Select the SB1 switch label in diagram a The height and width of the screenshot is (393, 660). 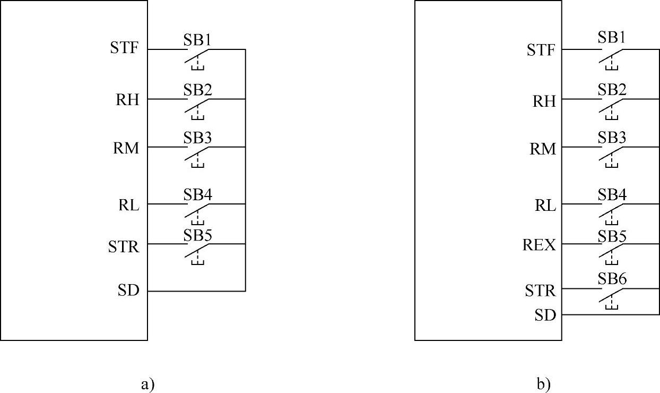pyautogui.click(x=198, y=39)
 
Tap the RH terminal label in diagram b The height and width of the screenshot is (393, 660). pyautogui.click(x=544, y=101)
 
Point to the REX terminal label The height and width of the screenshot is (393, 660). pyautogui.click(x=540, y=245)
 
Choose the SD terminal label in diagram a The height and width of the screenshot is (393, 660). pyautogui.click(x=128, y=291)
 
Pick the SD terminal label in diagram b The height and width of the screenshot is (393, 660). pyautogui.click(x=545, y=315)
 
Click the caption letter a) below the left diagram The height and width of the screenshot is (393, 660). pyautogui.click(x=147, y=383)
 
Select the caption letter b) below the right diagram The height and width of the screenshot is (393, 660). pyautogui.click(x=543, y=383)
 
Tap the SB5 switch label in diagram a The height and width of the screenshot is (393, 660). pyautogui.click(x=198, y=235)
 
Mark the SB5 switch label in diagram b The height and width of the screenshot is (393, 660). pyautogui.click(x=612, y=235)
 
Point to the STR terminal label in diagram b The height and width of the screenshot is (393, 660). pyautogui.click(x=540, y=291)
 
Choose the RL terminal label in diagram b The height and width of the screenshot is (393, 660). pyautogui.click(x=545, y=206)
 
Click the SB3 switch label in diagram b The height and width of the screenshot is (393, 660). pyautogui.click(x=612, y=138)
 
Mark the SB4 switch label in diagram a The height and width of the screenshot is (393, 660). pyautogui.click(x=198, y=194)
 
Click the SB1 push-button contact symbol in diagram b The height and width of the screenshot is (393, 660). pyautogui.click(x=612, y=56)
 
